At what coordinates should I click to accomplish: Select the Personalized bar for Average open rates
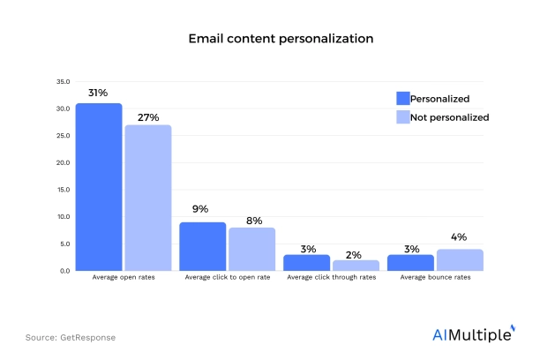click(98, 187)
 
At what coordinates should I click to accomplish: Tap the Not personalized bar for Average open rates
click(147, 198)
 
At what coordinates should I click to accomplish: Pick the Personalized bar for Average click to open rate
click(202, 246)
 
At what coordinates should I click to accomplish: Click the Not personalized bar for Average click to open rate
click(251, 249)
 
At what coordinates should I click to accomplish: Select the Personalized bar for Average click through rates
click(306, 262)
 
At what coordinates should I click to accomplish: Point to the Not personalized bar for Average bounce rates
click(460, 259)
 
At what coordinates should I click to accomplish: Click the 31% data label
click(98, 92)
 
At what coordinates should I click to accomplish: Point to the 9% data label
click(202, 210)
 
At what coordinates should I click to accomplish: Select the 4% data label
click(460, 237)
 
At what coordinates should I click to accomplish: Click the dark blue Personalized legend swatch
click(403, 99)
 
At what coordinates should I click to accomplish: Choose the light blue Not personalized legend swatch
click(403, 117)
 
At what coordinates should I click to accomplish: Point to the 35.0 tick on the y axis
click(63, 81)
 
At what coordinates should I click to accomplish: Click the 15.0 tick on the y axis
click(63, 190)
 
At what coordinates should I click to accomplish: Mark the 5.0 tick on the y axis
click(64, 244)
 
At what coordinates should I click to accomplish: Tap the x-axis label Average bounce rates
click(435, 279)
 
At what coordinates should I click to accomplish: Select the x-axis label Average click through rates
click(331, 279)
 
